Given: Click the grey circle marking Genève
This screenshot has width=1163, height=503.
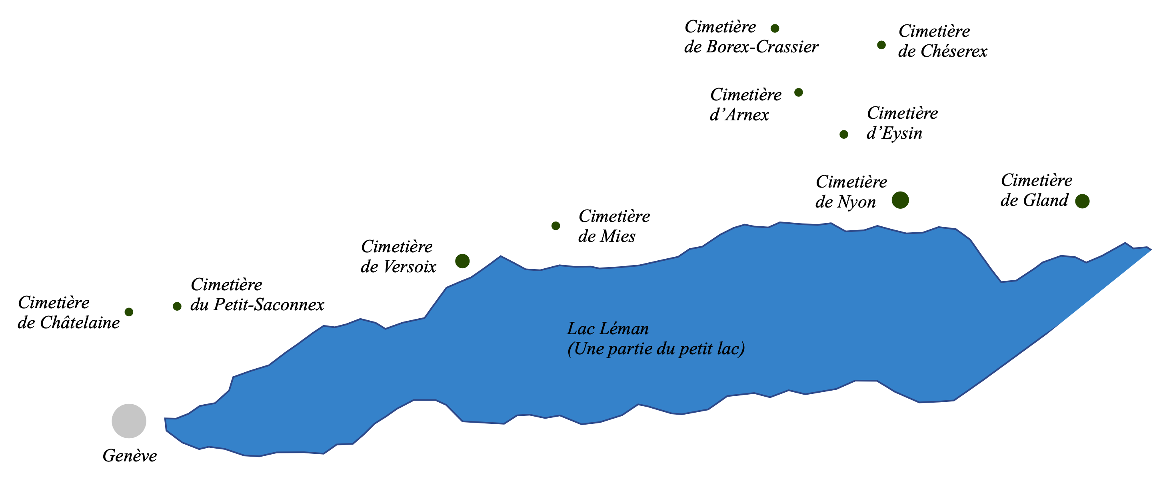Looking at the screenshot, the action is [x=129, y=421].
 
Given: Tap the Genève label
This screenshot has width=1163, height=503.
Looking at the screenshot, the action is [x=130, y=455].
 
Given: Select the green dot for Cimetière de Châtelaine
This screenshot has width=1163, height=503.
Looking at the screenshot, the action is [x=129, y=312].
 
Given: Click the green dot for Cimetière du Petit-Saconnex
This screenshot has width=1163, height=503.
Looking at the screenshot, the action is [x=177, y=307].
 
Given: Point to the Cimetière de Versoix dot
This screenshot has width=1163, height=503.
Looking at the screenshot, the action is [x=462, y=261].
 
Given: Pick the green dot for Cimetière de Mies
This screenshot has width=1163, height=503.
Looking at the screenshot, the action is [x=556, y=226].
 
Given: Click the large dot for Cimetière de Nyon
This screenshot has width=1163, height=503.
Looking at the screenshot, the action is [x=900, y=200].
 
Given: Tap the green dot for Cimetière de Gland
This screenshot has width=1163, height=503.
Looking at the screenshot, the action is [x=1082, y=202].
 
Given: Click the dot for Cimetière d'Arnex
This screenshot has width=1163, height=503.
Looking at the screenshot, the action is [x=799, y=92].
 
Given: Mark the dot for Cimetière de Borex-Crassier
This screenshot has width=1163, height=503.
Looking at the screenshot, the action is [x=775, y=28].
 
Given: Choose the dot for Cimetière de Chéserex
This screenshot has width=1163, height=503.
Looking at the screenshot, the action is [x=881, y=45].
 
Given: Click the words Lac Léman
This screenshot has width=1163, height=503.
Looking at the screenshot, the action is [x=607, y=329].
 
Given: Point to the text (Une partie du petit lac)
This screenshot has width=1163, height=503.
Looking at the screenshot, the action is [x=656, y=349].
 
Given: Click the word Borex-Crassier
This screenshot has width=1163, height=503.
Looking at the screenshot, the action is [x=763, y=47].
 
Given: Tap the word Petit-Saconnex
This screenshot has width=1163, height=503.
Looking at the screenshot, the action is [x=269, y=305].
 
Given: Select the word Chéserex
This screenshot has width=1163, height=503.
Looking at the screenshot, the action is [x=954, y=52].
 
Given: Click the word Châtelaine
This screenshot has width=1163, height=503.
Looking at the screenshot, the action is [x=80, y=323].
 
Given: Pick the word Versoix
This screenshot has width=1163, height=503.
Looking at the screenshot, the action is [x=410, y=267].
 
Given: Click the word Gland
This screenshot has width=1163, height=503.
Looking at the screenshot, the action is [x=1045, y=200].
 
